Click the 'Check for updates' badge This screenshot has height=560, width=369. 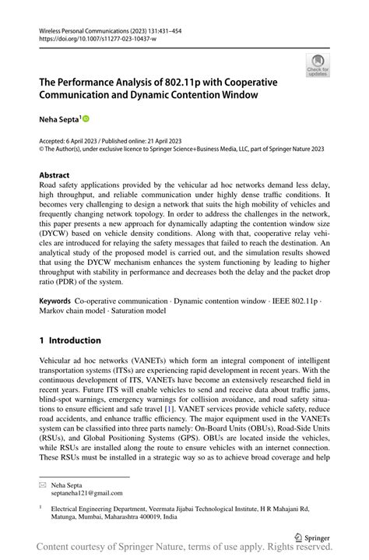coord(318,66)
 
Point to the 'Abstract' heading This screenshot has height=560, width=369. coord(54,176)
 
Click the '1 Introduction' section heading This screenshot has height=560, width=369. coord(70,340)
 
